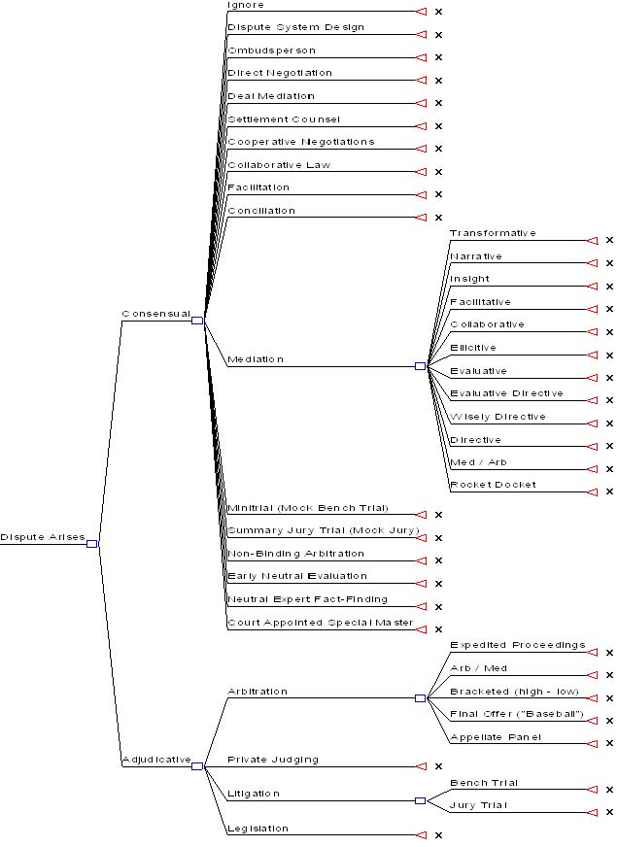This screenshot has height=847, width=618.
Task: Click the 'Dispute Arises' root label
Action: tap(43, 537)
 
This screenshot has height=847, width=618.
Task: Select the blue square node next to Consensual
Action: tap(196, 320)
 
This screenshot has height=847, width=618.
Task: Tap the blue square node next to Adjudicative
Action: tap(196, 765)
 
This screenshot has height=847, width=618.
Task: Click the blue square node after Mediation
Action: tap(420, 366)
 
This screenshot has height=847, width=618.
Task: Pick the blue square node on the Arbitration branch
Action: tap(420, 697)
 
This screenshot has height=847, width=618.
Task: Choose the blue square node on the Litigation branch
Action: tap(420, 800)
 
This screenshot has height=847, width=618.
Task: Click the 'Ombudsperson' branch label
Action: tap(271, 51)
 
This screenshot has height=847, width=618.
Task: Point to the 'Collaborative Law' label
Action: tap(279, 165)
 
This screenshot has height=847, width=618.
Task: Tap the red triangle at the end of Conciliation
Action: tap(421, 218)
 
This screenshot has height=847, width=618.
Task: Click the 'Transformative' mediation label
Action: tap(493, 233)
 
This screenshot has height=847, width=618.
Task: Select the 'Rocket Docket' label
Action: tap(493, 485)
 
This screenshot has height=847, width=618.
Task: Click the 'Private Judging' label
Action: tap(273, 760)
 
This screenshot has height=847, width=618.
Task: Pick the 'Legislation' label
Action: tap(257, 829)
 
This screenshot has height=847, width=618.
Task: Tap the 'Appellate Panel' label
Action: tap(496, 737)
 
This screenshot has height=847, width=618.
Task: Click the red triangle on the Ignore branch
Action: tap(421, 12)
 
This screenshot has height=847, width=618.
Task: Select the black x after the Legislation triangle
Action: tap(438, 835)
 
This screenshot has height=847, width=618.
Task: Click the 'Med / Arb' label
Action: tap(478, 462)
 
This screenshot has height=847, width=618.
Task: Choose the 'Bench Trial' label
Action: tap(484, 783)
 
